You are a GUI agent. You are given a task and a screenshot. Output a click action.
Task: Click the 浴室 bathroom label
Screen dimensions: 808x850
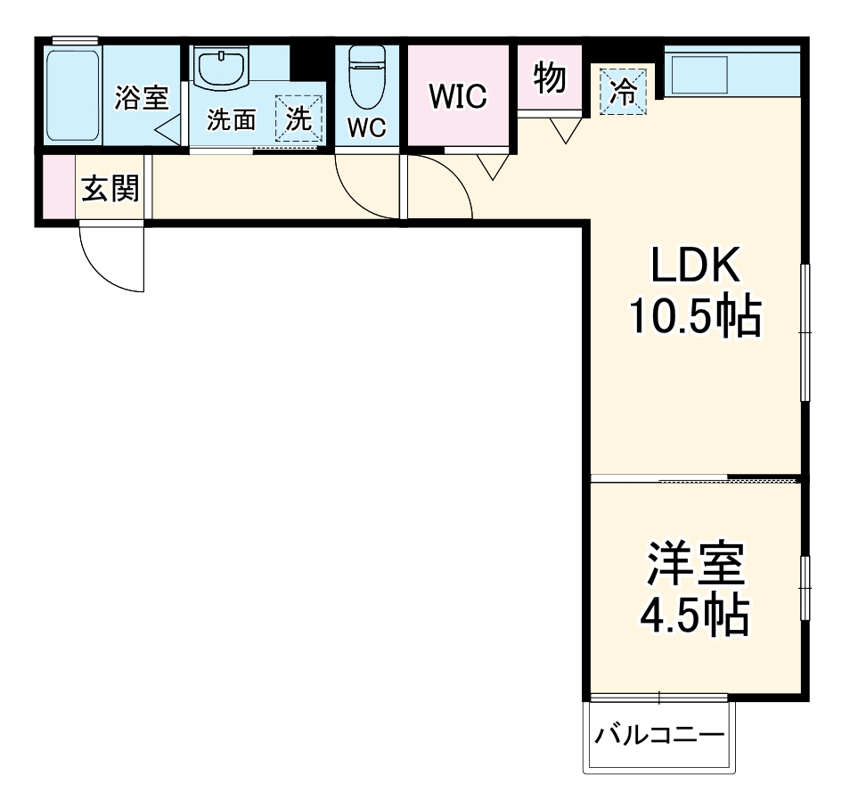[x=141, y=97]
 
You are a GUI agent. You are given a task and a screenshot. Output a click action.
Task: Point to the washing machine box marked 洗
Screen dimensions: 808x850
[x=298, y=118]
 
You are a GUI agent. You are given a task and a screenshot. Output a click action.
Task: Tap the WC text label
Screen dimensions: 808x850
[x=366, y=128]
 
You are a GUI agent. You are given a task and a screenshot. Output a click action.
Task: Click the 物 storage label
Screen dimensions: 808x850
[x=550, y=79]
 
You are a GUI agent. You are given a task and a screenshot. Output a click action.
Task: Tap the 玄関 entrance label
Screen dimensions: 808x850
[x=110, y=189]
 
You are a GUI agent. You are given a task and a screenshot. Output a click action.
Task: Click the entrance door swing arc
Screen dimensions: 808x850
[x=112, y=258]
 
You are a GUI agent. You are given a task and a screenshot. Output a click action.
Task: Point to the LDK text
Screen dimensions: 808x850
[x=694, y=265]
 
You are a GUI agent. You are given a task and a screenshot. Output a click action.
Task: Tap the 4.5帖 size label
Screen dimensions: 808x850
[x=695, y=614]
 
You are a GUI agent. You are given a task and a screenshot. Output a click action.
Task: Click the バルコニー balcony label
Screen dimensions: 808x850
[x=660, y=736]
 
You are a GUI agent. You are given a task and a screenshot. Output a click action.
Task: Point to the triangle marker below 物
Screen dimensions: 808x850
[x=563, y=131]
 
